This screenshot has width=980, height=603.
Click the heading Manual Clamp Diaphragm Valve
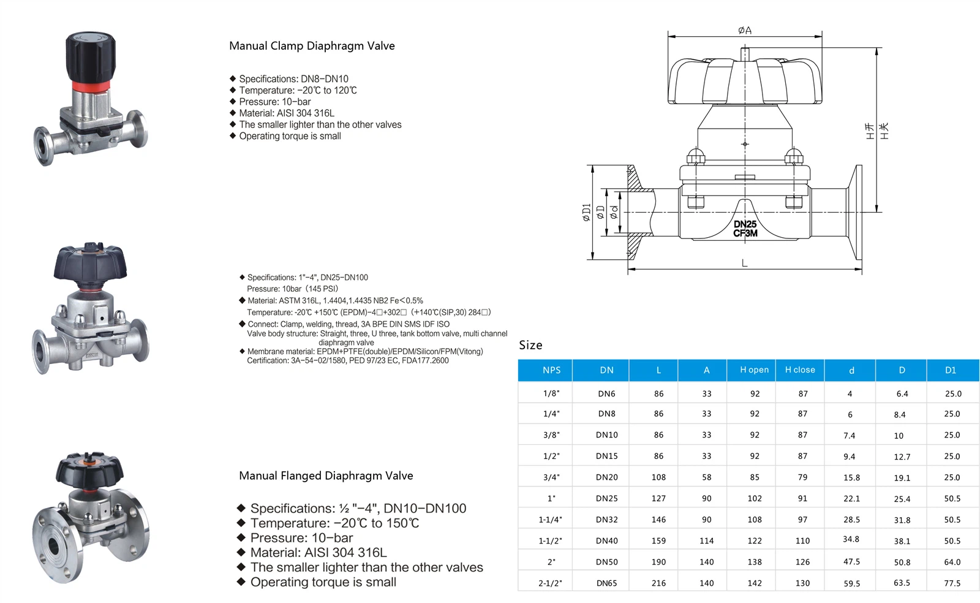(312, 46)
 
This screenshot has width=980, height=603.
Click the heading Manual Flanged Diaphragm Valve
(326, 476)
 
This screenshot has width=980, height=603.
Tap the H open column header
(754, 370)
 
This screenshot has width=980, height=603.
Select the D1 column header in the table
(951, 370)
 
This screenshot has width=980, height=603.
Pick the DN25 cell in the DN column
(606, 498)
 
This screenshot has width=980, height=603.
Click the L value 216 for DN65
(658, 583)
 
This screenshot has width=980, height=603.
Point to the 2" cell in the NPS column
(551, 562)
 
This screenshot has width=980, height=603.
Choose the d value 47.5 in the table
(851, 562)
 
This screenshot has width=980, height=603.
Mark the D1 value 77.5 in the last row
(952, 583)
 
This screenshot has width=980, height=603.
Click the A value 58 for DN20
(706, 477)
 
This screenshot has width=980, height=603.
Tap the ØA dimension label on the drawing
(745, 30)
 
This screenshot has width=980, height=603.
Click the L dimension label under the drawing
(744, 264)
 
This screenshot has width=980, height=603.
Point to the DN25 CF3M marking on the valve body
(745, 229)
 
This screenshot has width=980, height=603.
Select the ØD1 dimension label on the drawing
(586, 212)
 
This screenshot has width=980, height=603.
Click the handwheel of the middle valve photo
(91, 262)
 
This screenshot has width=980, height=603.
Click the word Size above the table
(530, 345)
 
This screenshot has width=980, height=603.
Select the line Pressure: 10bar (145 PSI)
(292, 289)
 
